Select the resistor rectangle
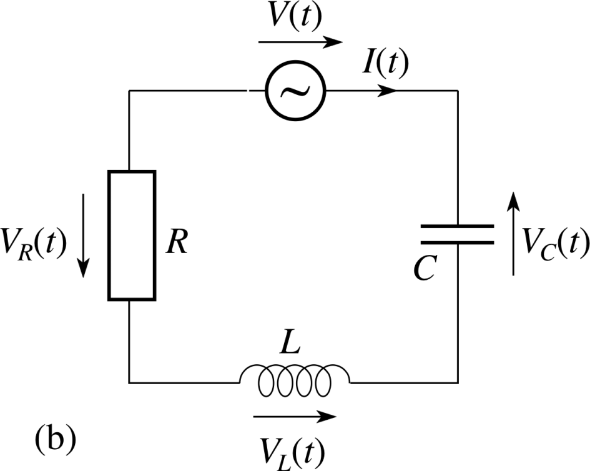[132, 235]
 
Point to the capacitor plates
[457, 235]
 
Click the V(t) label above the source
[293, 20]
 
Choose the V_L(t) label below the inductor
[293, 448]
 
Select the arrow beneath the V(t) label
[300, 43]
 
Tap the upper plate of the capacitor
[457, 227]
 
